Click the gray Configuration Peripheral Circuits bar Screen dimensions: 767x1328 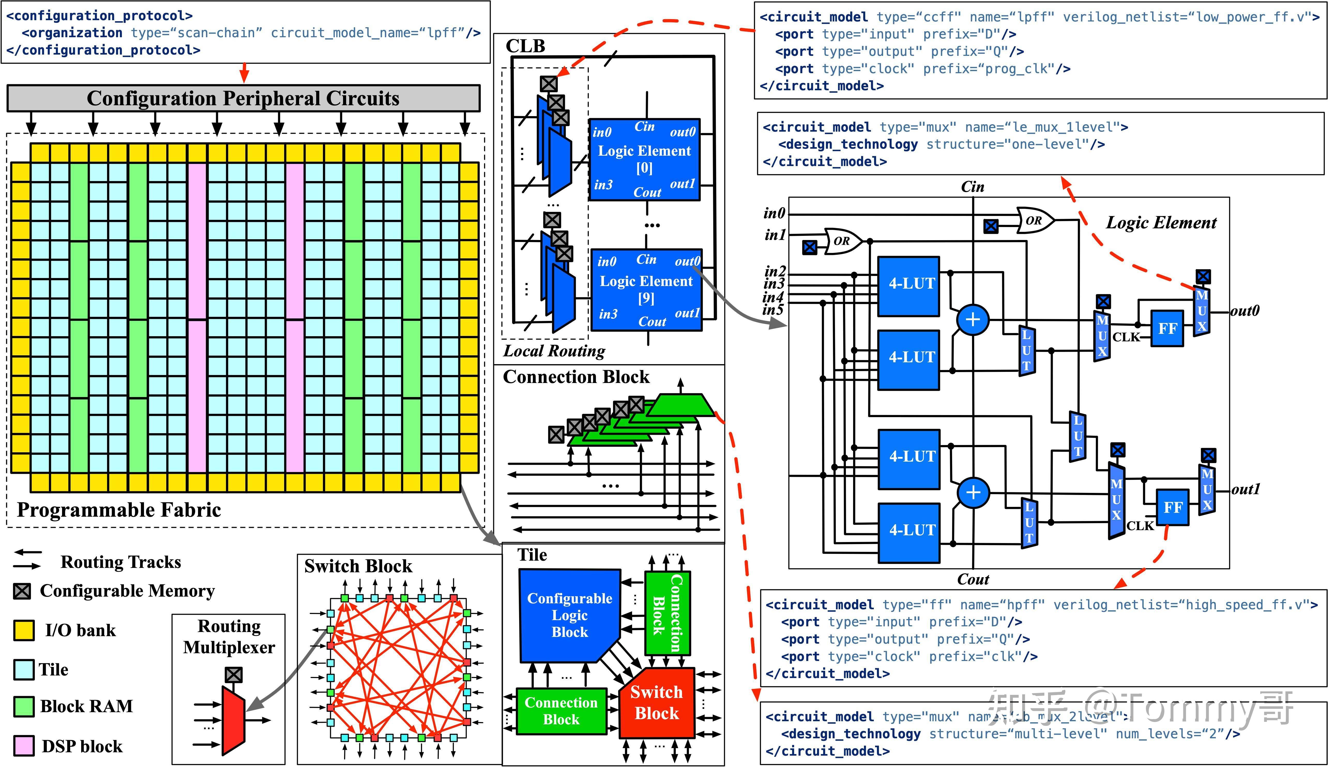[243, 99]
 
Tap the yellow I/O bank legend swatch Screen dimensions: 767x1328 [24, 630]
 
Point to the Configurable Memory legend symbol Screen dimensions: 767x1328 [22, 591]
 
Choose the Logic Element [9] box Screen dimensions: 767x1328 [646, 290]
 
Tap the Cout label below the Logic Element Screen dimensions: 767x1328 [973, 580]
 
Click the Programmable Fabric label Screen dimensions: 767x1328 [119, 510]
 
